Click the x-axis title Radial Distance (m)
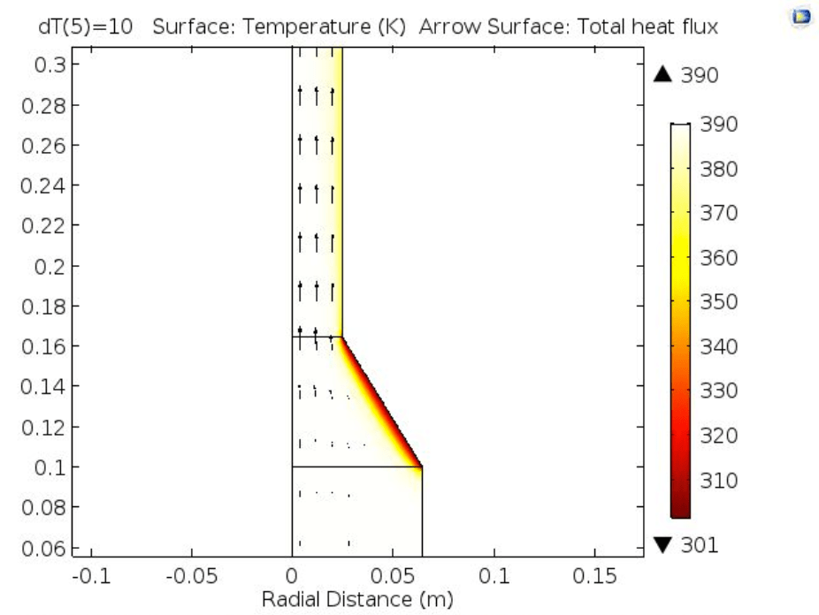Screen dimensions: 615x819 pyautogui.click(x=356, y=599)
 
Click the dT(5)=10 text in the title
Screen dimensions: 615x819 pyautogui.click(x=86, y=27)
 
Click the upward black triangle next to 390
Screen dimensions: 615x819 pyautogui.click(x=663, y=76)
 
